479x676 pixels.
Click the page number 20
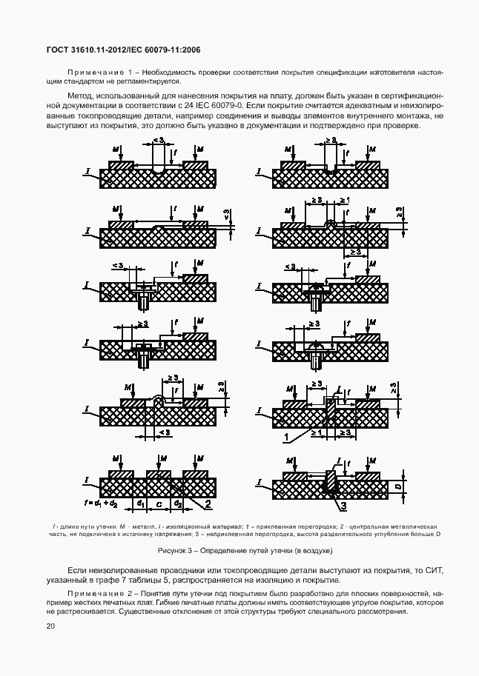[50, 626]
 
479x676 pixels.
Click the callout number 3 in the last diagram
[343, 507]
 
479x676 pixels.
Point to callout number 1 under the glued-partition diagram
[284, 438]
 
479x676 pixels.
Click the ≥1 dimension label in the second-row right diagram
[343, 201]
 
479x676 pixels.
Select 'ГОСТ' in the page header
[57, 50]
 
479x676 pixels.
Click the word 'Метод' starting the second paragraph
[80, 96]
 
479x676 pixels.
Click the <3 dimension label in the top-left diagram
[158, 140]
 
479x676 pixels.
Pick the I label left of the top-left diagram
[87, 172]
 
